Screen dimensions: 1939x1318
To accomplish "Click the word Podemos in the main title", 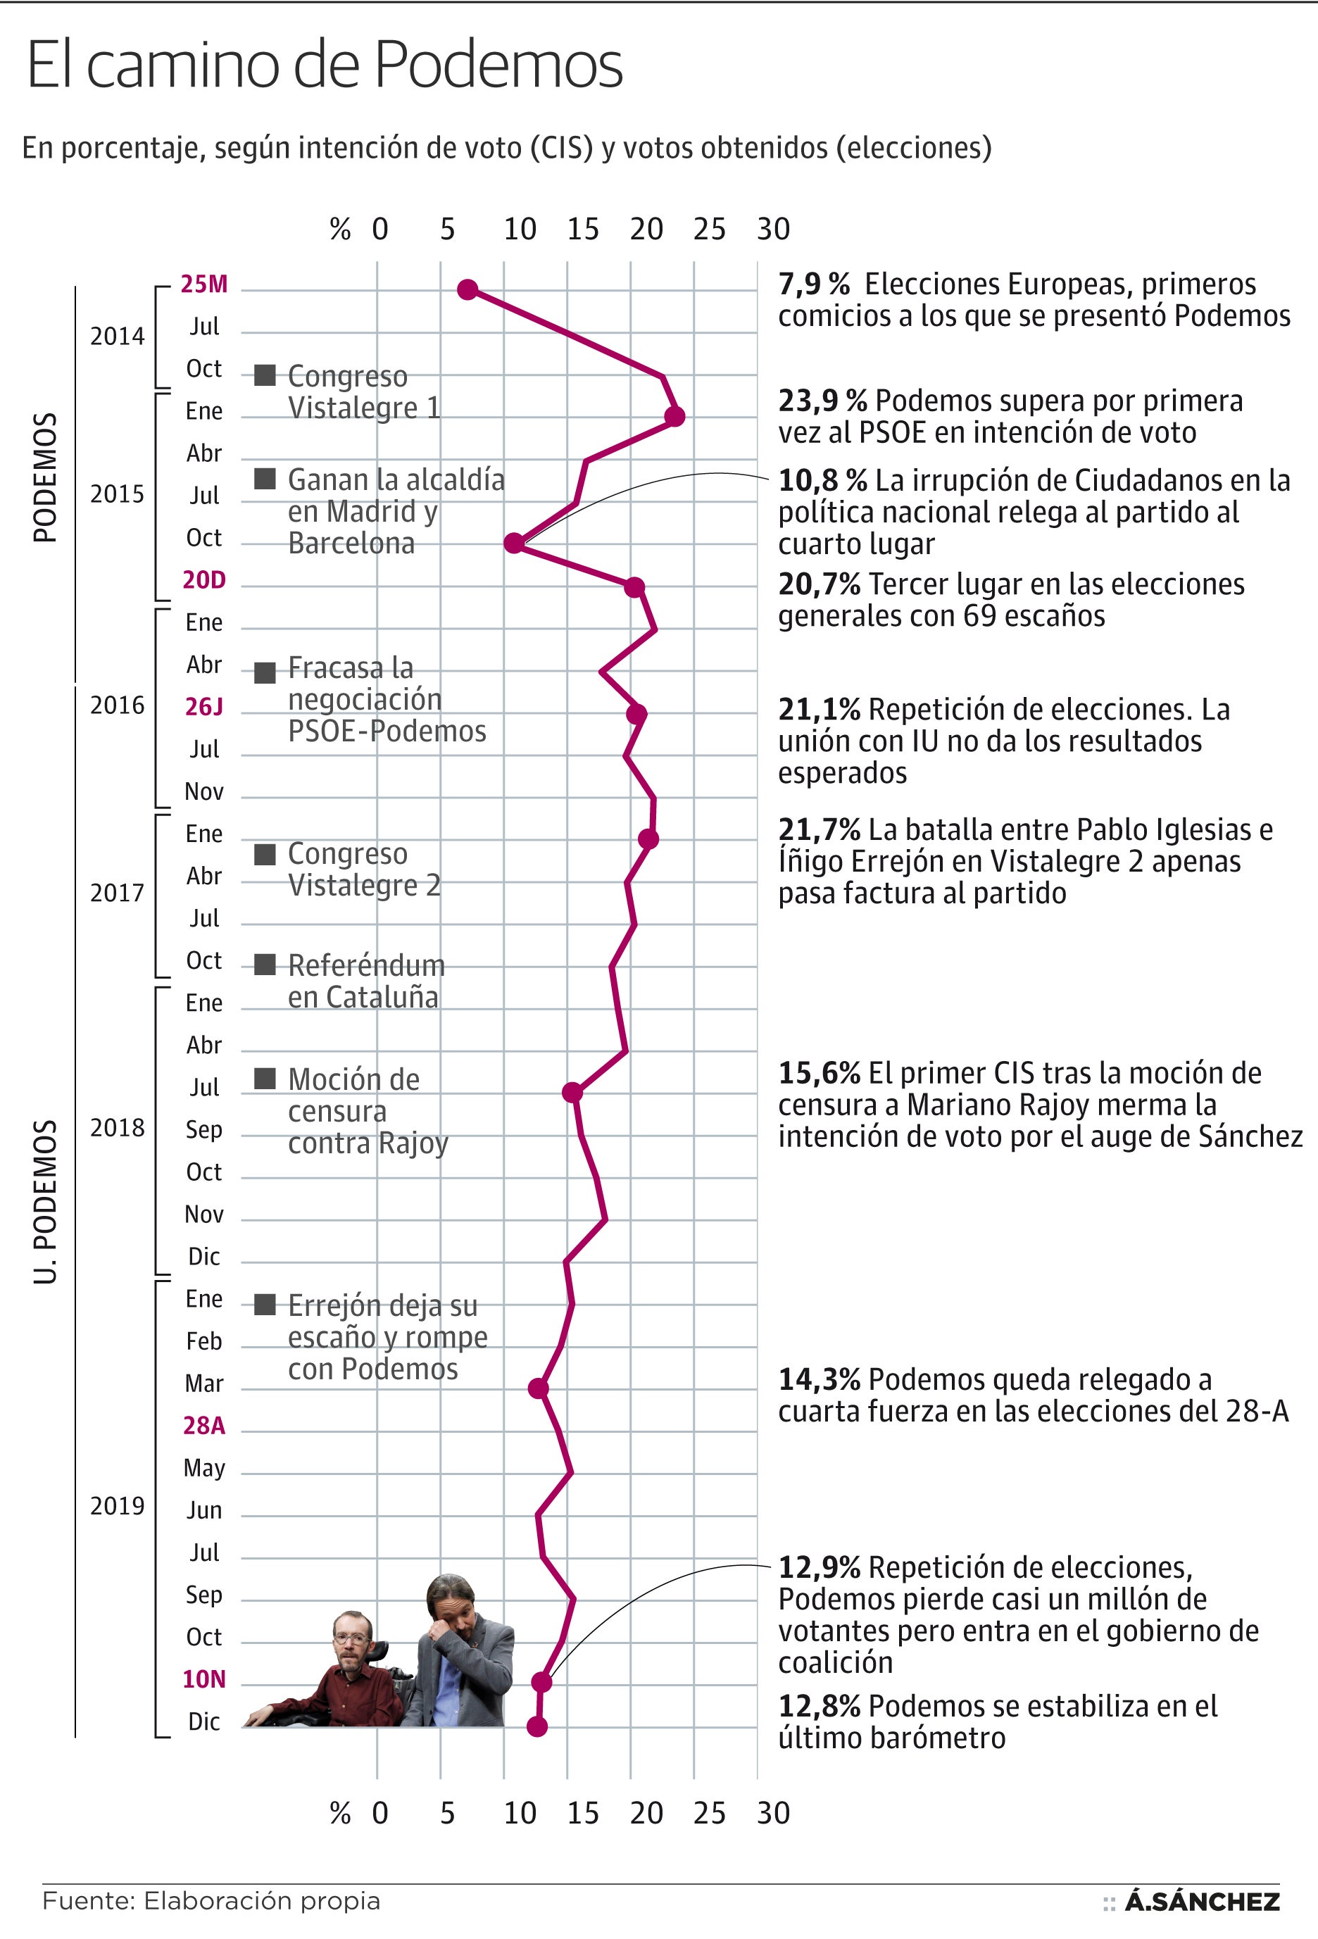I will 497,65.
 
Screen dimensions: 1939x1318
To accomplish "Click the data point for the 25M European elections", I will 468,289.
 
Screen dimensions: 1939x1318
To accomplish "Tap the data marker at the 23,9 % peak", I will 675,416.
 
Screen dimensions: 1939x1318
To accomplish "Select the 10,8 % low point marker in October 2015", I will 515,543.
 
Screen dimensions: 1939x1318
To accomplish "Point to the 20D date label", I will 204,580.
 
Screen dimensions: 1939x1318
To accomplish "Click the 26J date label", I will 204,707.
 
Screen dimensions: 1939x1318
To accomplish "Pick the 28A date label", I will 204,1425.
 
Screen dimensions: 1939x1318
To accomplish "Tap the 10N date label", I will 204,1678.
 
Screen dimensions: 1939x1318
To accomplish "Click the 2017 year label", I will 117,893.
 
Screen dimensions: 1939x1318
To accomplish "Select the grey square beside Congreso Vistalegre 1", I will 265,375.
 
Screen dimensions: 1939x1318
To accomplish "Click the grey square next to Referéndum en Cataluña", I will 265,965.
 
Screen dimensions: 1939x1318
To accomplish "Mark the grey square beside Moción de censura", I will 265,1078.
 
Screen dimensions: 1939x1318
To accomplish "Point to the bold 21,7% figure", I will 818,829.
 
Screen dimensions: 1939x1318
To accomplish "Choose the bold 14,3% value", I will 818,1379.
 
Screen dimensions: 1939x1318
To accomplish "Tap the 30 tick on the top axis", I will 773,229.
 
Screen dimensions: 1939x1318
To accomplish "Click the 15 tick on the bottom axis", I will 583,1813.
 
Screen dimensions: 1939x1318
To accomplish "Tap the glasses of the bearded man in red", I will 351,1638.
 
